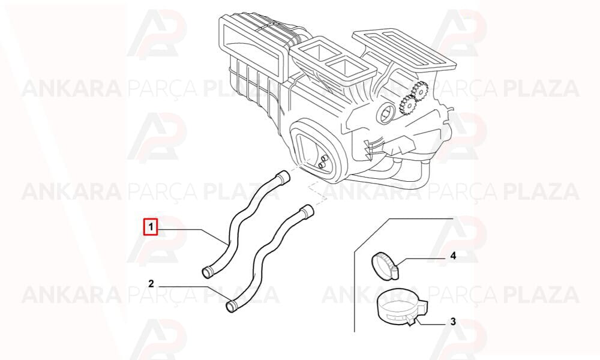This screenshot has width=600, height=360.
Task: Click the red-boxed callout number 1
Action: pos(151,227)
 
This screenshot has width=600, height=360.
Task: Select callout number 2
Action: pos(151,283)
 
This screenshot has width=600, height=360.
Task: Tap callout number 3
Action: pos(453,322)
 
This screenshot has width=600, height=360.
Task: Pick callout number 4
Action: pos(453,256)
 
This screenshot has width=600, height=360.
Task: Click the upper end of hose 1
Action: pos(283,176)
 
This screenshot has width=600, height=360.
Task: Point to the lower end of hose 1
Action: pos(207,272)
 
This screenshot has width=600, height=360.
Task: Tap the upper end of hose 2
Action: pos(307,212)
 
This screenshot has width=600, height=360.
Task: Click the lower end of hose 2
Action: pos(232,305)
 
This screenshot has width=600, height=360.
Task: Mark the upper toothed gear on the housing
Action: pos(419,90)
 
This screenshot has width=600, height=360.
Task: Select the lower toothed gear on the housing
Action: pos(406,104)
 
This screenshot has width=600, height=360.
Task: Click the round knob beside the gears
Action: pos(385,112)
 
